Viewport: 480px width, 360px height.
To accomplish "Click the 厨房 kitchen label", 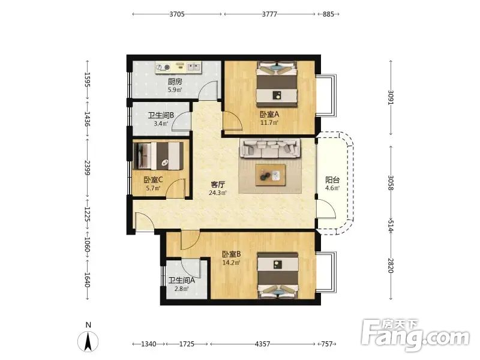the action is pos(175,82).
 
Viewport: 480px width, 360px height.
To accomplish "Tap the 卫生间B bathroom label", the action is pos(161,115).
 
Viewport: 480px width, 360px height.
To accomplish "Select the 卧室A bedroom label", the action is pos(269,115).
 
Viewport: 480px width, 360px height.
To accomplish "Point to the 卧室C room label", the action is pos(153,179).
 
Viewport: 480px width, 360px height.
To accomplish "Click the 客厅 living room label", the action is pos(218,185).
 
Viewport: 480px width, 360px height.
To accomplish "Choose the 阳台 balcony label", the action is pos(332,180).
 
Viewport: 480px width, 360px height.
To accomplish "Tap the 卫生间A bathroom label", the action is pos(182,280).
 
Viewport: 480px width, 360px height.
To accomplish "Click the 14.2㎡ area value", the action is pos(231,263).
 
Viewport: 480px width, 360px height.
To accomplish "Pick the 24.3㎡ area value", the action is pos(218,193).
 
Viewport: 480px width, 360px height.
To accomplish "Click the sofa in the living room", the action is pos(271,148).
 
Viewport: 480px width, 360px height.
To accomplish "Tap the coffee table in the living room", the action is pos(271,175).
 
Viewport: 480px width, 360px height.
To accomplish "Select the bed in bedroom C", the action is pos(158,156).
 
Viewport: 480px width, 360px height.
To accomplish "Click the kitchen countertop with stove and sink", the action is pos(178,67).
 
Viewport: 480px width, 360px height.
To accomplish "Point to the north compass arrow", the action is pos(88,341).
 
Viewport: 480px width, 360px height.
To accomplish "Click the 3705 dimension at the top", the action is pos(177,14).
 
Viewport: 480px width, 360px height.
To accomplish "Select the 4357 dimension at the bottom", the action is pos(263,344).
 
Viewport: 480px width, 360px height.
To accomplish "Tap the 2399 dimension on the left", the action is pos(87,168).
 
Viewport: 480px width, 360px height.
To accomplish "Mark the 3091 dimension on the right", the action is pos(391,97).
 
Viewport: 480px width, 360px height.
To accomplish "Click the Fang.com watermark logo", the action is pos(415,335).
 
